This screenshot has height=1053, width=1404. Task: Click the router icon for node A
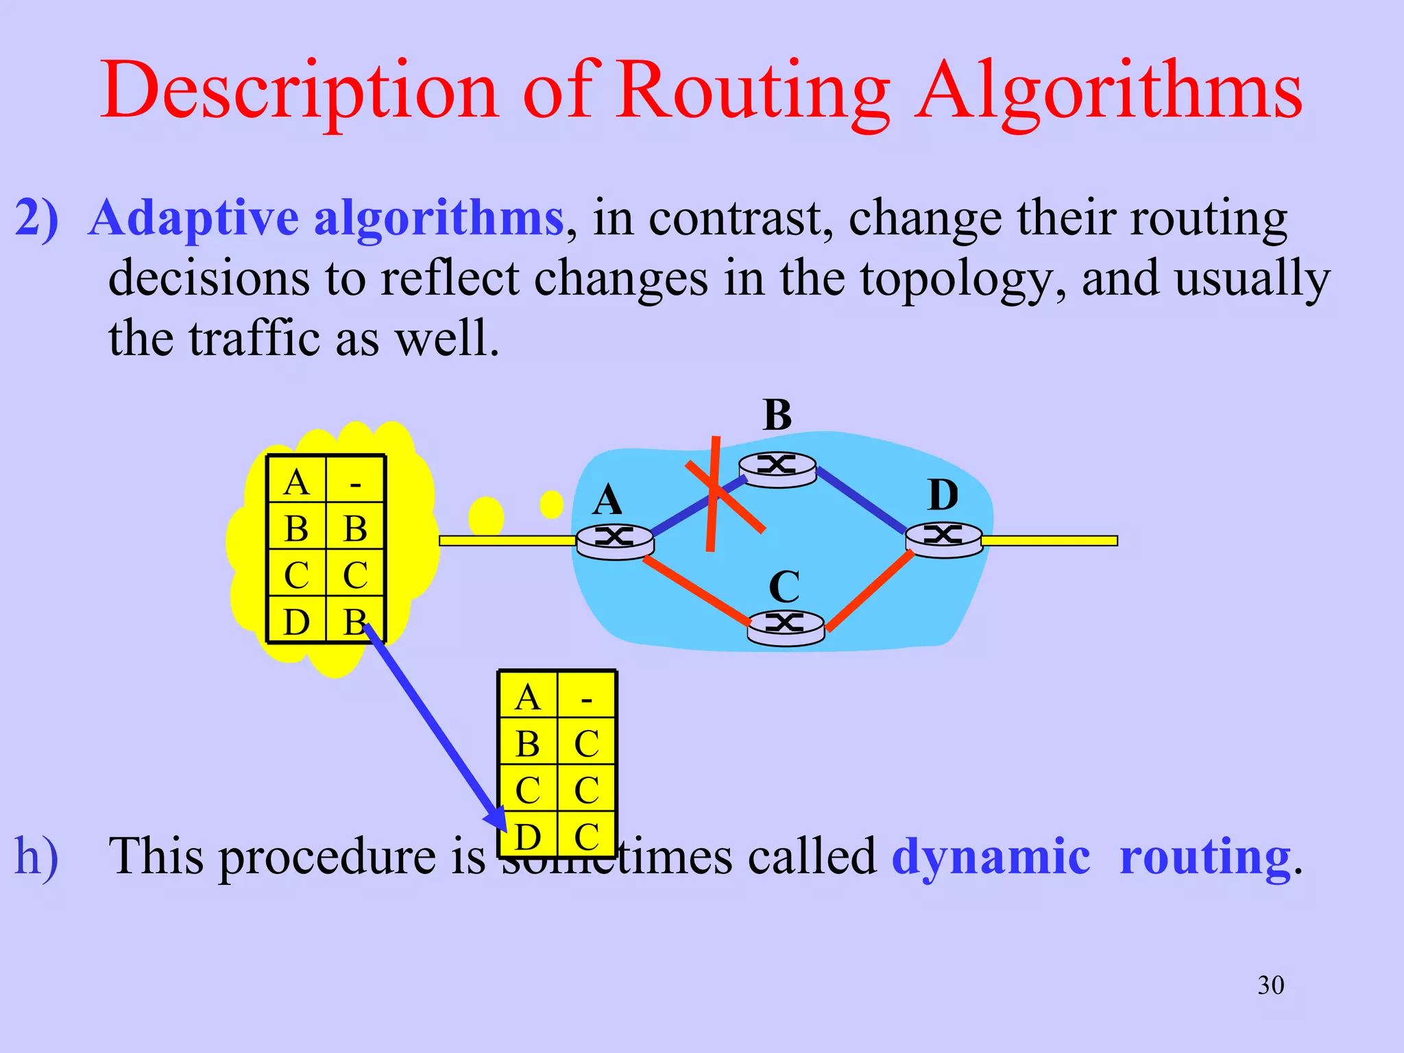615,541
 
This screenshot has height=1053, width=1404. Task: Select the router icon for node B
777,469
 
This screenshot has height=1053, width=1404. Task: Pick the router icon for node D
944,539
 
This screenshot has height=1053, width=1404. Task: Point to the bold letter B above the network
777,415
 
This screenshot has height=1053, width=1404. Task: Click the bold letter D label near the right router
943,495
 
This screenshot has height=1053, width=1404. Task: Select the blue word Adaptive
195,218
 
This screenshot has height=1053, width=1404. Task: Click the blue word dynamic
991,856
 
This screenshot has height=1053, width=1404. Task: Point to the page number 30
1270,985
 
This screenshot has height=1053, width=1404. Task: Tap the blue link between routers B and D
861,500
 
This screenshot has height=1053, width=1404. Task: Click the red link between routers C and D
869,590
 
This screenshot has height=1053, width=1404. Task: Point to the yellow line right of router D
1049,541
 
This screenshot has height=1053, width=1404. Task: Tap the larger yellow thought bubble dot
486,516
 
